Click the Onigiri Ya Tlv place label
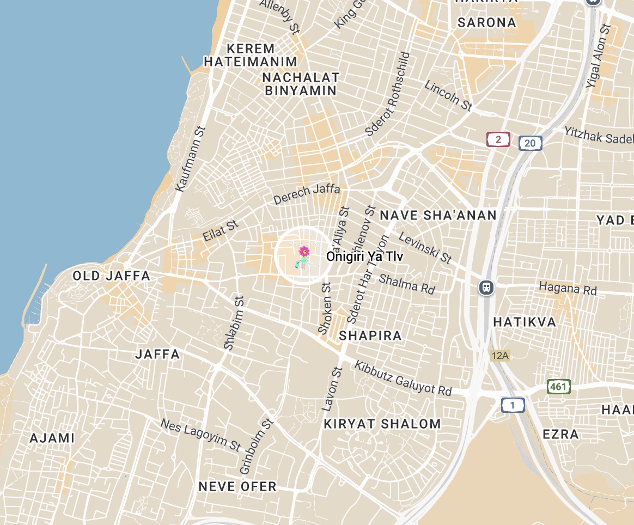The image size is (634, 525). pos(364,257)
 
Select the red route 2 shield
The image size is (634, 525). pos(498,139)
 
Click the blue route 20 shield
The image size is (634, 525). pos(530,143)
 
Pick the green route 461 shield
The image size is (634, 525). pos(558,387)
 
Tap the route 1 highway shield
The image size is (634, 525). pos(513,405)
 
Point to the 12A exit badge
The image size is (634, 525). pos(499,356)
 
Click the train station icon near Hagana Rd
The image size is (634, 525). pos(486,287)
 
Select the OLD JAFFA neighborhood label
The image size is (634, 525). pos(112,276)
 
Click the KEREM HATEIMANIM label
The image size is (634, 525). pos(251,54)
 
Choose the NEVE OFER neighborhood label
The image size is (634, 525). pos(237,486)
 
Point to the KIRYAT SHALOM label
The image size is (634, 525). pos(382,424)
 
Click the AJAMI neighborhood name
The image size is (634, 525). pos(52,438)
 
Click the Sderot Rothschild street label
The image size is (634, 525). pos(387,94)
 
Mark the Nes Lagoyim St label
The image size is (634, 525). pos(200,435)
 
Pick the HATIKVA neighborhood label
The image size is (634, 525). pos(525,322)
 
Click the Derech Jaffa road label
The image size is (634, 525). pos(307,194)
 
